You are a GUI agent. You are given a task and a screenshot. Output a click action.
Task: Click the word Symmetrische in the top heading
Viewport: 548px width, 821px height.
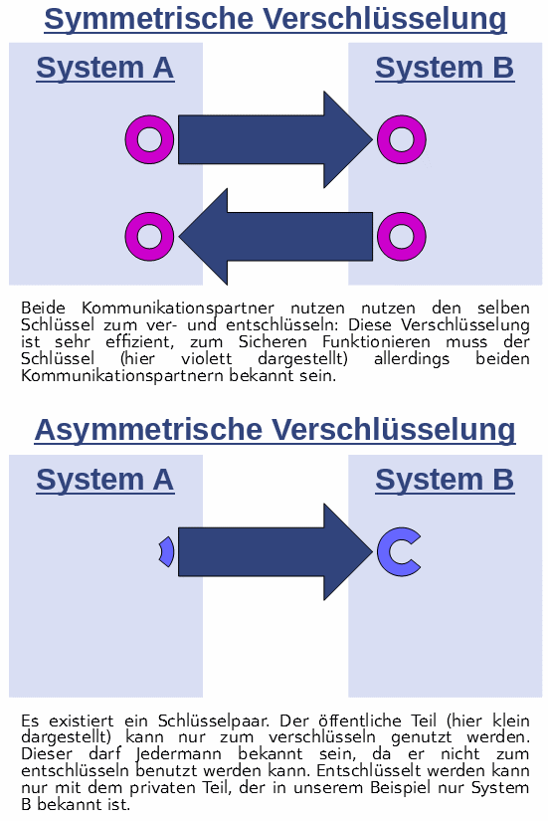pyautogui.click(x=147, y=19)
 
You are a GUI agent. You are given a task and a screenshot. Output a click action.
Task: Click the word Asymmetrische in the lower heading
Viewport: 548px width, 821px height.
pyautogui.click(x=148, y=430)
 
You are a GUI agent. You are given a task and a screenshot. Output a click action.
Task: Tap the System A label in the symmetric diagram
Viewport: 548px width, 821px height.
pyautogui.click(x=104, y=68)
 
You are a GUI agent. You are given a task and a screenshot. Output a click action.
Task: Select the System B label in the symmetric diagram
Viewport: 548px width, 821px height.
pyautogui.click(x=445, y=68)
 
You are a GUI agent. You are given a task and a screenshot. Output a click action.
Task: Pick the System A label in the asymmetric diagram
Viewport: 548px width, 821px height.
pyautogui.click(x=104, y=480)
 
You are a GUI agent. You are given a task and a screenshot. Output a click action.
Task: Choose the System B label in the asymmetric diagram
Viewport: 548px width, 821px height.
pyautogui.click(x=445, y=480)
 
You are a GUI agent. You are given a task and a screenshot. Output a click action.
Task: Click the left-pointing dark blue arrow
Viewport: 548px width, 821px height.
pyautogui.click(x=275, y=237)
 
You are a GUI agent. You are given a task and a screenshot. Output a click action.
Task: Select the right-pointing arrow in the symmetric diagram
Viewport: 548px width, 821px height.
pyautogui.click(x=275, y=139)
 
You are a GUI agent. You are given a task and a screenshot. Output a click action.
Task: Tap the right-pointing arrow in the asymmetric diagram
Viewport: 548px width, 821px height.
pyautogui.click(x=275, y=552)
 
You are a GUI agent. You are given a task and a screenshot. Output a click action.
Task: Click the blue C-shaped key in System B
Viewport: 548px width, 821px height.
pyautogui.click(x=384, y=552)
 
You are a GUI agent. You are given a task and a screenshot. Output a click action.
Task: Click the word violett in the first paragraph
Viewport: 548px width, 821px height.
pyautogui.click(x=206, y=358)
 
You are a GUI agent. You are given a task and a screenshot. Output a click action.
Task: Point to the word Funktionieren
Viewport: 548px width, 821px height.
pyautogui.click(x=376, y=342)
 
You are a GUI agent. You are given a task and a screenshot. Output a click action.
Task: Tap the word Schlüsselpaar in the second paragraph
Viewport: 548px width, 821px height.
pyautogui.click(x=214, y=721)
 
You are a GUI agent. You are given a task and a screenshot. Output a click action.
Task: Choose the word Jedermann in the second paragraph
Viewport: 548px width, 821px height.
pyautogui.click(x=178, y=754)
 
